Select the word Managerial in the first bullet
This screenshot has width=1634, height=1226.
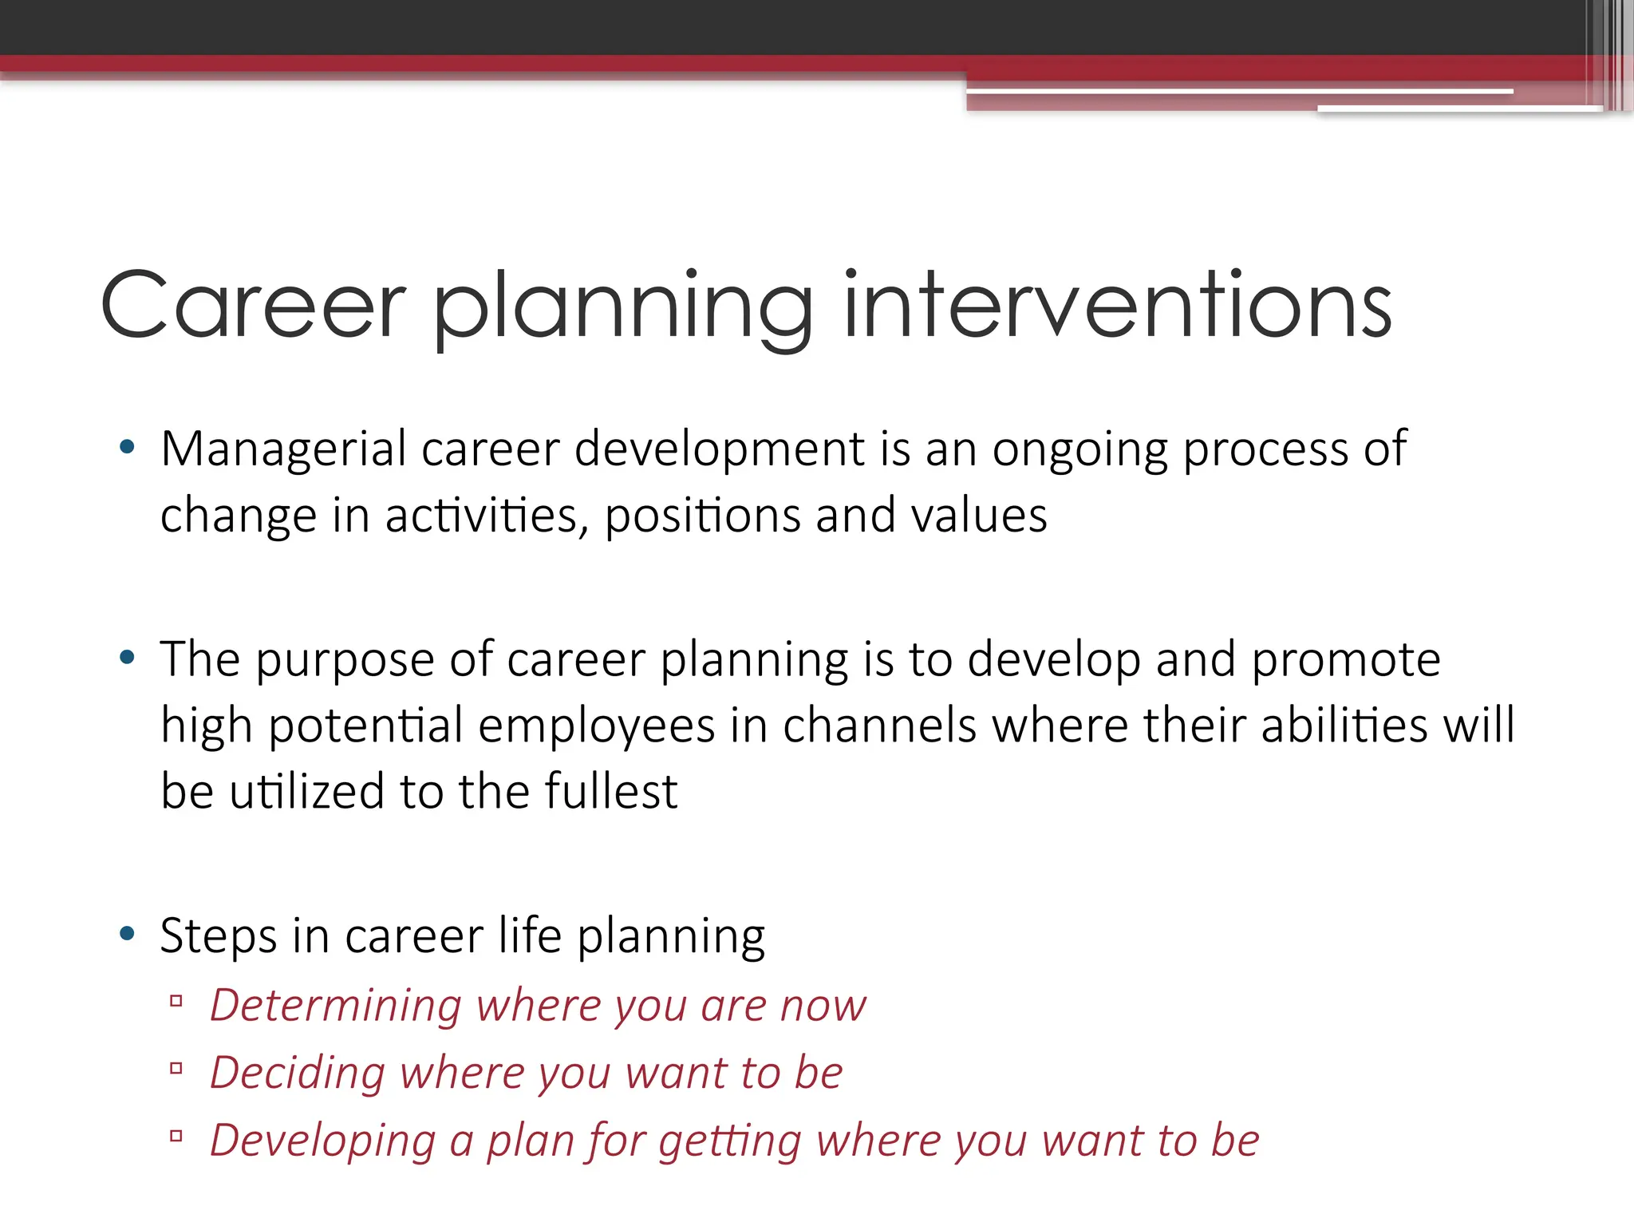click(283, 449)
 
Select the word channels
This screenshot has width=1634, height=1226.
click(879, 726)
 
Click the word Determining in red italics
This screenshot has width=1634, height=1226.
click(335, 1005)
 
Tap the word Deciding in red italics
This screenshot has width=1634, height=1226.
click(297, 1073)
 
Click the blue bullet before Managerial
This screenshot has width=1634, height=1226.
click(127, 448)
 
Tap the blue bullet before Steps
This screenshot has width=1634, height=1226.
click(127, 934)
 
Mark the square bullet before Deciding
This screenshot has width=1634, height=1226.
click(176, 1068)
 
